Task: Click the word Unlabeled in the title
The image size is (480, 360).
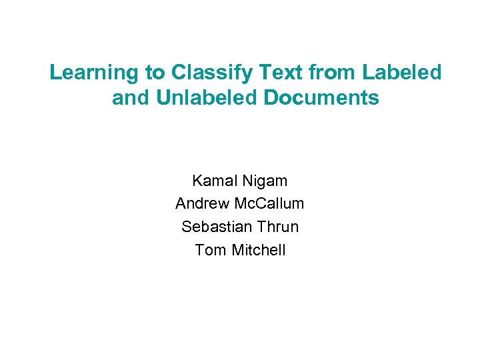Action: [x=207, y=98]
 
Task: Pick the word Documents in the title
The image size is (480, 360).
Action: [x=321, y=98]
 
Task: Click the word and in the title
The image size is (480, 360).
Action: [x=131, y=98]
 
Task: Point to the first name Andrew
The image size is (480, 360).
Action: [x=201, y=203]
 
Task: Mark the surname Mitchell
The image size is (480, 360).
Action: [x=259, y=250]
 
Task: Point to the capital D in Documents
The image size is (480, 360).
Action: [x=271, y=98]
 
